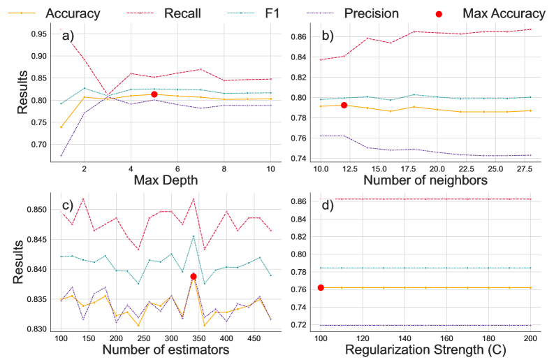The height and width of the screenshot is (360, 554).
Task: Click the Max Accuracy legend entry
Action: coord(504,13)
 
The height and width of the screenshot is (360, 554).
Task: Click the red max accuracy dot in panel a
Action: coord(154,94)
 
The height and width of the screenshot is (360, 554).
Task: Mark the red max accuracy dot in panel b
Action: coord(344,105)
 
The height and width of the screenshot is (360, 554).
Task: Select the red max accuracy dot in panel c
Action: coord(194,277)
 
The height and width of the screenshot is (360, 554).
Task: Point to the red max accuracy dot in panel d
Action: coord(321,287)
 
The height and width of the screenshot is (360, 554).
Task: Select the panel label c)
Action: coord(68,205)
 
